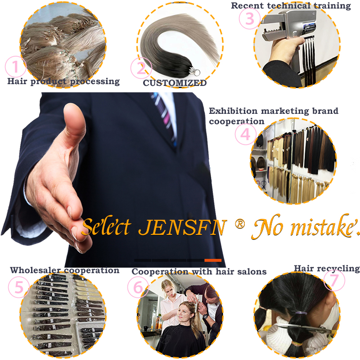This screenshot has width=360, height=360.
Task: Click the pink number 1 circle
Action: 15,67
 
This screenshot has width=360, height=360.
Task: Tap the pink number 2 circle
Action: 141,68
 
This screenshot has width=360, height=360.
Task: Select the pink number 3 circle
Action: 250,18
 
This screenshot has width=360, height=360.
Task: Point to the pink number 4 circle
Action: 246,134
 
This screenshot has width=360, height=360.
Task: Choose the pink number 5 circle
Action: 19,287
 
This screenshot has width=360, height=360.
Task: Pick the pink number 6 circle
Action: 138,287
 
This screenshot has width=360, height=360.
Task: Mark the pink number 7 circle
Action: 334,280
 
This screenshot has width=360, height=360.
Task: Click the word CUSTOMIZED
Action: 175,83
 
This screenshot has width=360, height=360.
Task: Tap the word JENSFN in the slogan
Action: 183,227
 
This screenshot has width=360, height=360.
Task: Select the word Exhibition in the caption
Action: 233,111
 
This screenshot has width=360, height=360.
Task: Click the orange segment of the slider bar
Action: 213,260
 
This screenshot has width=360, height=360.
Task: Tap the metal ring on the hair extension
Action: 196,72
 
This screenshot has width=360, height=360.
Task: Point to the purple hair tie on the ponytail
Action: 301,313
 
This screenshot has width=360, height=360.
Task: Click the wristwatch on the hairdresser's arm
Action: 206,316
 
